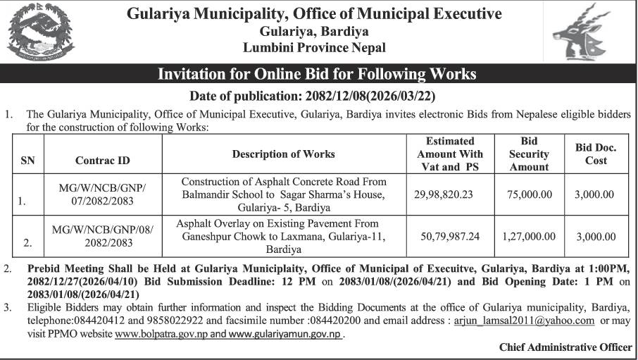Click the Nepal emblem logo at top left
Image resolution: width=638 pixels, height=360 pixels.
39,32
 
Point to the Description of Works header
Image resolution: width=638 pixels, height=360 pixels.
283,154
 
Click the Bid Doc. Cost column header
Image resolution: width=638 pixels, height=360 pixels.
595,154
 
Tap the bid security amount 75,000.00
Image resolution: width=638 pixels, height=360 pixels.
528,194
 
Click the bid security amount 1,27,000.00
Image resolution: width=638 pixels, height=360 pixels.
528,237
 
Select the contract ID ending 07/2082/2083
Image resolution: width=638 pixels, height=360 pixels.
103,194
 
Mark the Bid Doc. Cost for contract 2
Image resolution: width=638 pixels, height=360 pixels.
595,237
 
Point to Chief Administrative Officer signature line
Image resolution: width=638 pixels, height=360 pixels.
565,347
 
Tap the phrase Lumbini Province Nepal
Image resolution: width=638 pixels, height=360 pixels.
314,48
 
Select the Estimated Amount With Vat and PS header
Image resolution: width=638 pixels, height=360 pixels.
449,154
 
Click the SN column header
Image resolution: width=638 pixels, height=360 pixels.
28,161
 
